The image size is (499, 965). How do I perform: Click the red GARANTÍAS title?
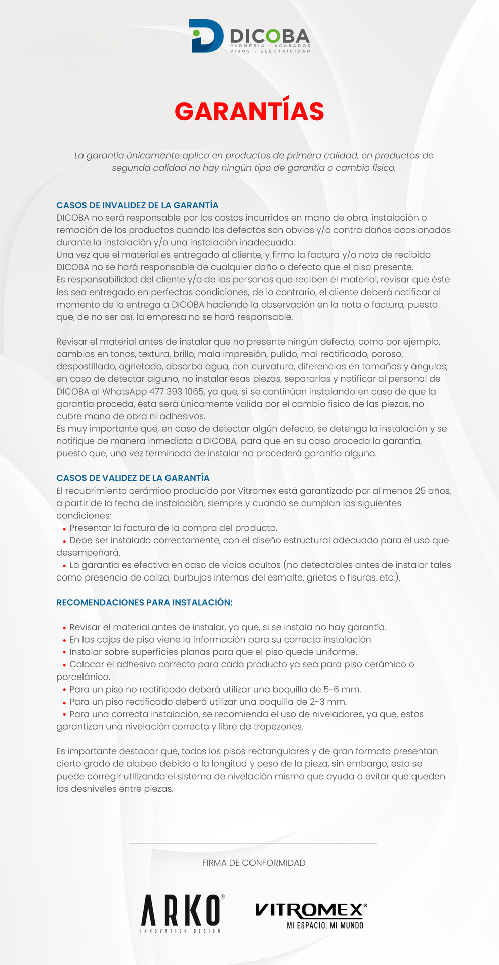pyautogui.click(x=249, y=111)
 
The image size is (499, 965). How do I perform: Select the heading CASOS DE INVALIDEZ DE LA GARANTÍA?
pyautogui.click(x=137, y=205)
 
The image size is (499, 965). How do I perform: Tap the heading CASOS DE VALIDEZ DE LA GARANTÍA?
pyautogui.click(x=133, y=478)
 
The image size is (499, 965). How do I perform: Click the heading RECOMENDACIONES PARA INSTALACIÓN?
pyautogui.click(x=144, y=602)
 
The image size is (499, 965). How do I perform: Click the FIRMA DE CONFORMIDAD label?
pyautogui.click(x=254, y=863)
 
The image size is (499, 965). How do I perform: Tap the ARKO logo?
pyautogui.click(x=182, y=910)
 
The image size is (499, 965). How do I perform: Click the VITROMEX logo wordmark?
pyautogui.click(x=310, y=910)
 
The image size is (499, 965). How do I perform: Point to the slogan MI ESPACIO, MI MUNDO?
pyautogui.click(x=325, y=925)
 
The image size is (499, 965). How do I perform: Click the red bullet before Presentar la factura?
pyautogui.click(x=64, y=529)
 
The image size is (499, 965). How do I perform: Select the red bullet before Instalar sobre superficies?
pyautogui.click(x=64, y=653)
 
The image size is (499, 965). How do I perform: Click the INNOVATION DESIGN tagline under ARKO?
pyautogui.click(x=181, y=931)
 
